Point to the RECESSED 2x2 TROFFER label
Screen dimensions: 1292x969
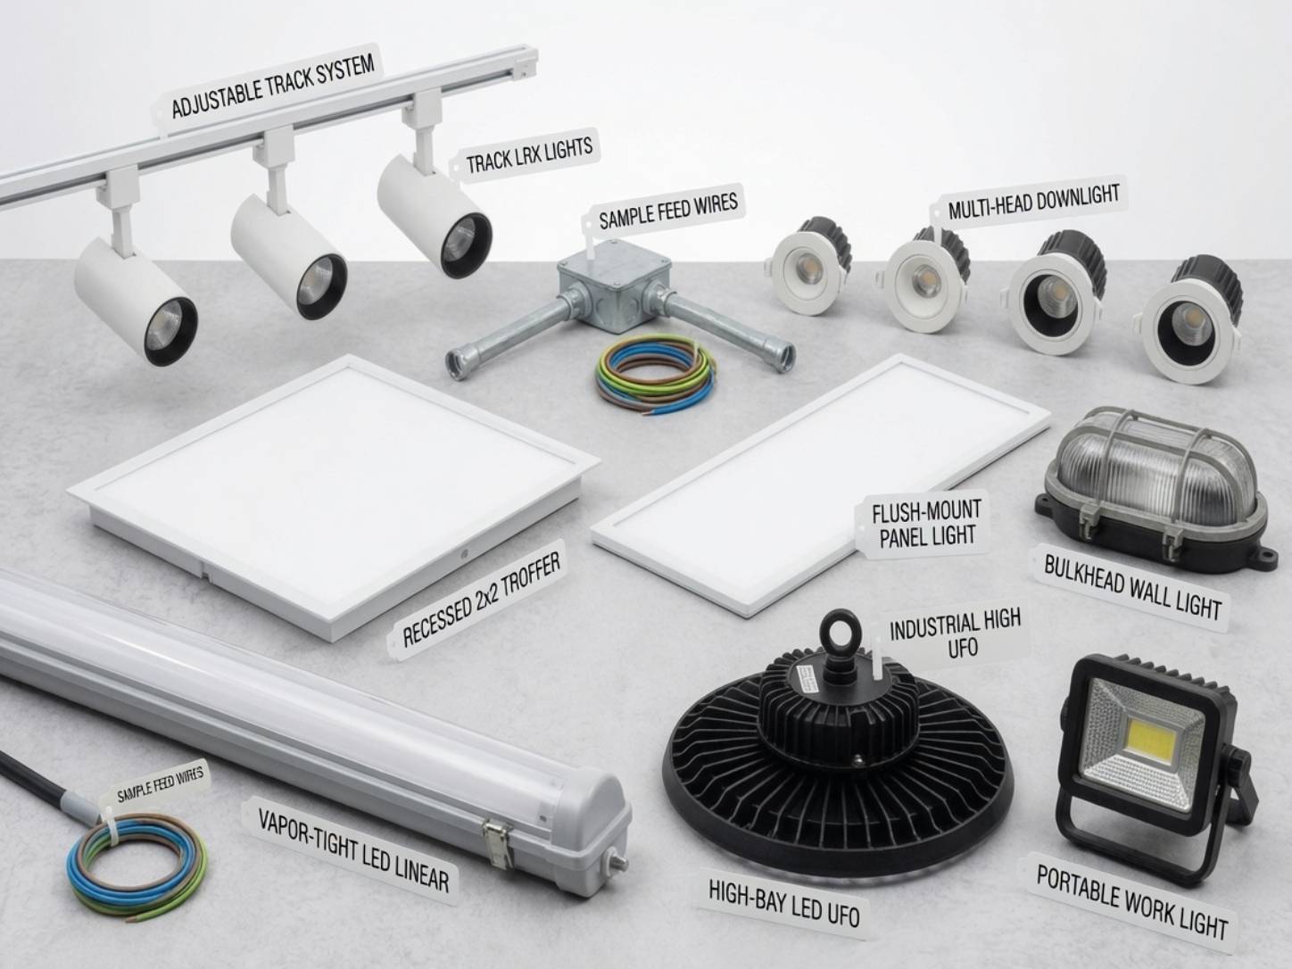(480, 600)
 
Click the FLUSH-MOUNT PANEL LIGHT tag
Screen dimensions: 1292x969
(925, 524)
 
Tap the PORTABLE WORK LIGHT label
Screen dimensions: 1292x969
(1130, 902)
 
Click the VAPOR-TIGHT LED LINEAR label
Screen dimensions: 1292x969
(353, 849)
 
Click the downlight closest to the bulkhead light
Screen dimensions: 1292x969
(1190, 320)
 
